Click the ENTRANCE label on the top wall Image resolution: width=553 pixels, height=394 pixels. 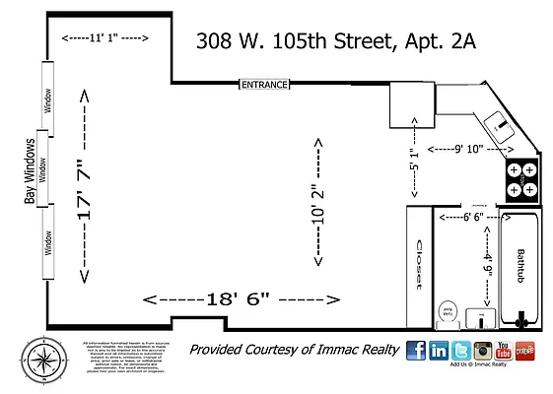point(265,85)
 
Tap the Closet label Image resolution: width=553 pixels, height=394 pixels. point(418,263)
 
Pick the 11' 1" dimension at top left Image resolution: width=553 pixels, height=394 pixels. point(104,38)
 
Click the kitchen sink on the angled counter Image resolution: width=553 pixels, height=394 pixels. point(498,124)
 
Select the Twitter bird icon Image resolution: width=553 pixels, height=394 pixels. point(460,350)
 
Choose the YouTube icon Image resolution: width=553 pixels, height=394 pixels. point(505,350)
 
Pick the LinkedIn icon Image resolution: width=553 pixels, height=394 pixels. point(438,350)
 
